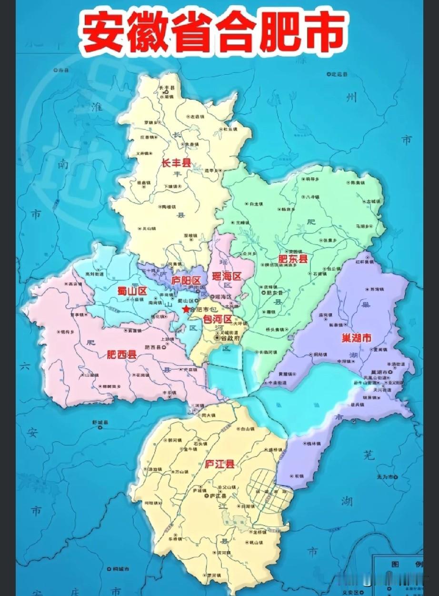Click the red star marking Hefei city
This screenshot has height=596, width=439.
(185, 309)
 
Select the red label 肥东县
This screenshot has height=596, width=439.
(292, 259)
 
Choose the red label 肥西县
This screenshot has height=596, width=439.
(121, 355)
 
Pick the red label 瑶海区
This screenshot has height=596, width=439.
(227, 276)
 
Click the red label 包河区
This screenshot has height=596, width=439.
(217, 318)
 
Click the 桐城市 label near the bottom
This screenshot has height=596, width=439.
(116, 569)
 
